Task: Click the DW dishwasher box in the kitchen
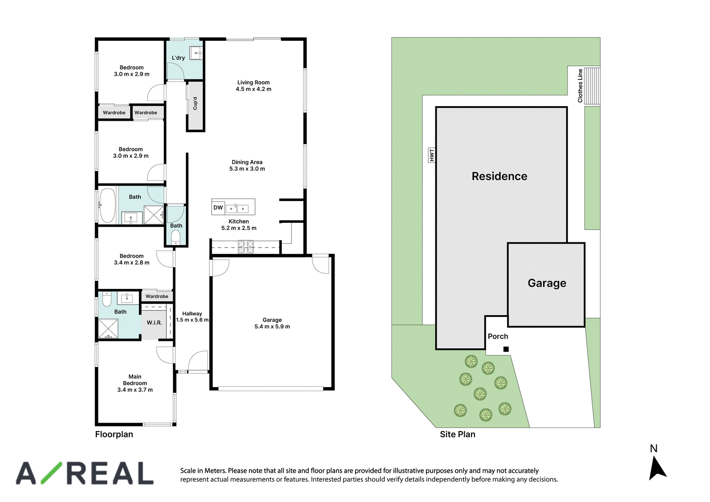tap(218, 208)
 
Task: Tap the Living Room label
tap(253, 83)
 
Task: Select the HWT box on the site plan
tap(431, 155)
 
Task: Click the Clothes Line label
tap(580, 86)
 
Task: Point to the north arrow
tap(657, 468)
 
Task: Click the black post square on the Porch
tap(506, 349)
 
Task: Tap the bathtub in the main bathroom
tap(107, 206)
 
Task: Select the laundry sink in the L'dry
tap(196, 53)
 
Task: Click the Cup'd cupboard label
tap(195, 103)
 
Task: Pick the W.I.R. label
tap(154, 323)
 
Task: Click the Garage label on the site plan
tap(547, 283)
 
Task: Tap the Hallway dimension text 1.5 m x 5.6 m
tap(192, 320)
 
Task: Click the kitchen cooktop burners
tap(246, 247)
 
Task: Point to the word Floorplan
tap(114, 435)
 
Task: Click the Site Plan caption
tap(458, 435)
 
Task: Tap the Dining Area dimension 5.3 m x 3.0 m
tap(247, 169)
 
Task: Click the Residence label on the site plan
tap(499, 176)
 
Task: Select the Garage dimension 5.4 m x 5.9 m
tap(272, 327)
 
